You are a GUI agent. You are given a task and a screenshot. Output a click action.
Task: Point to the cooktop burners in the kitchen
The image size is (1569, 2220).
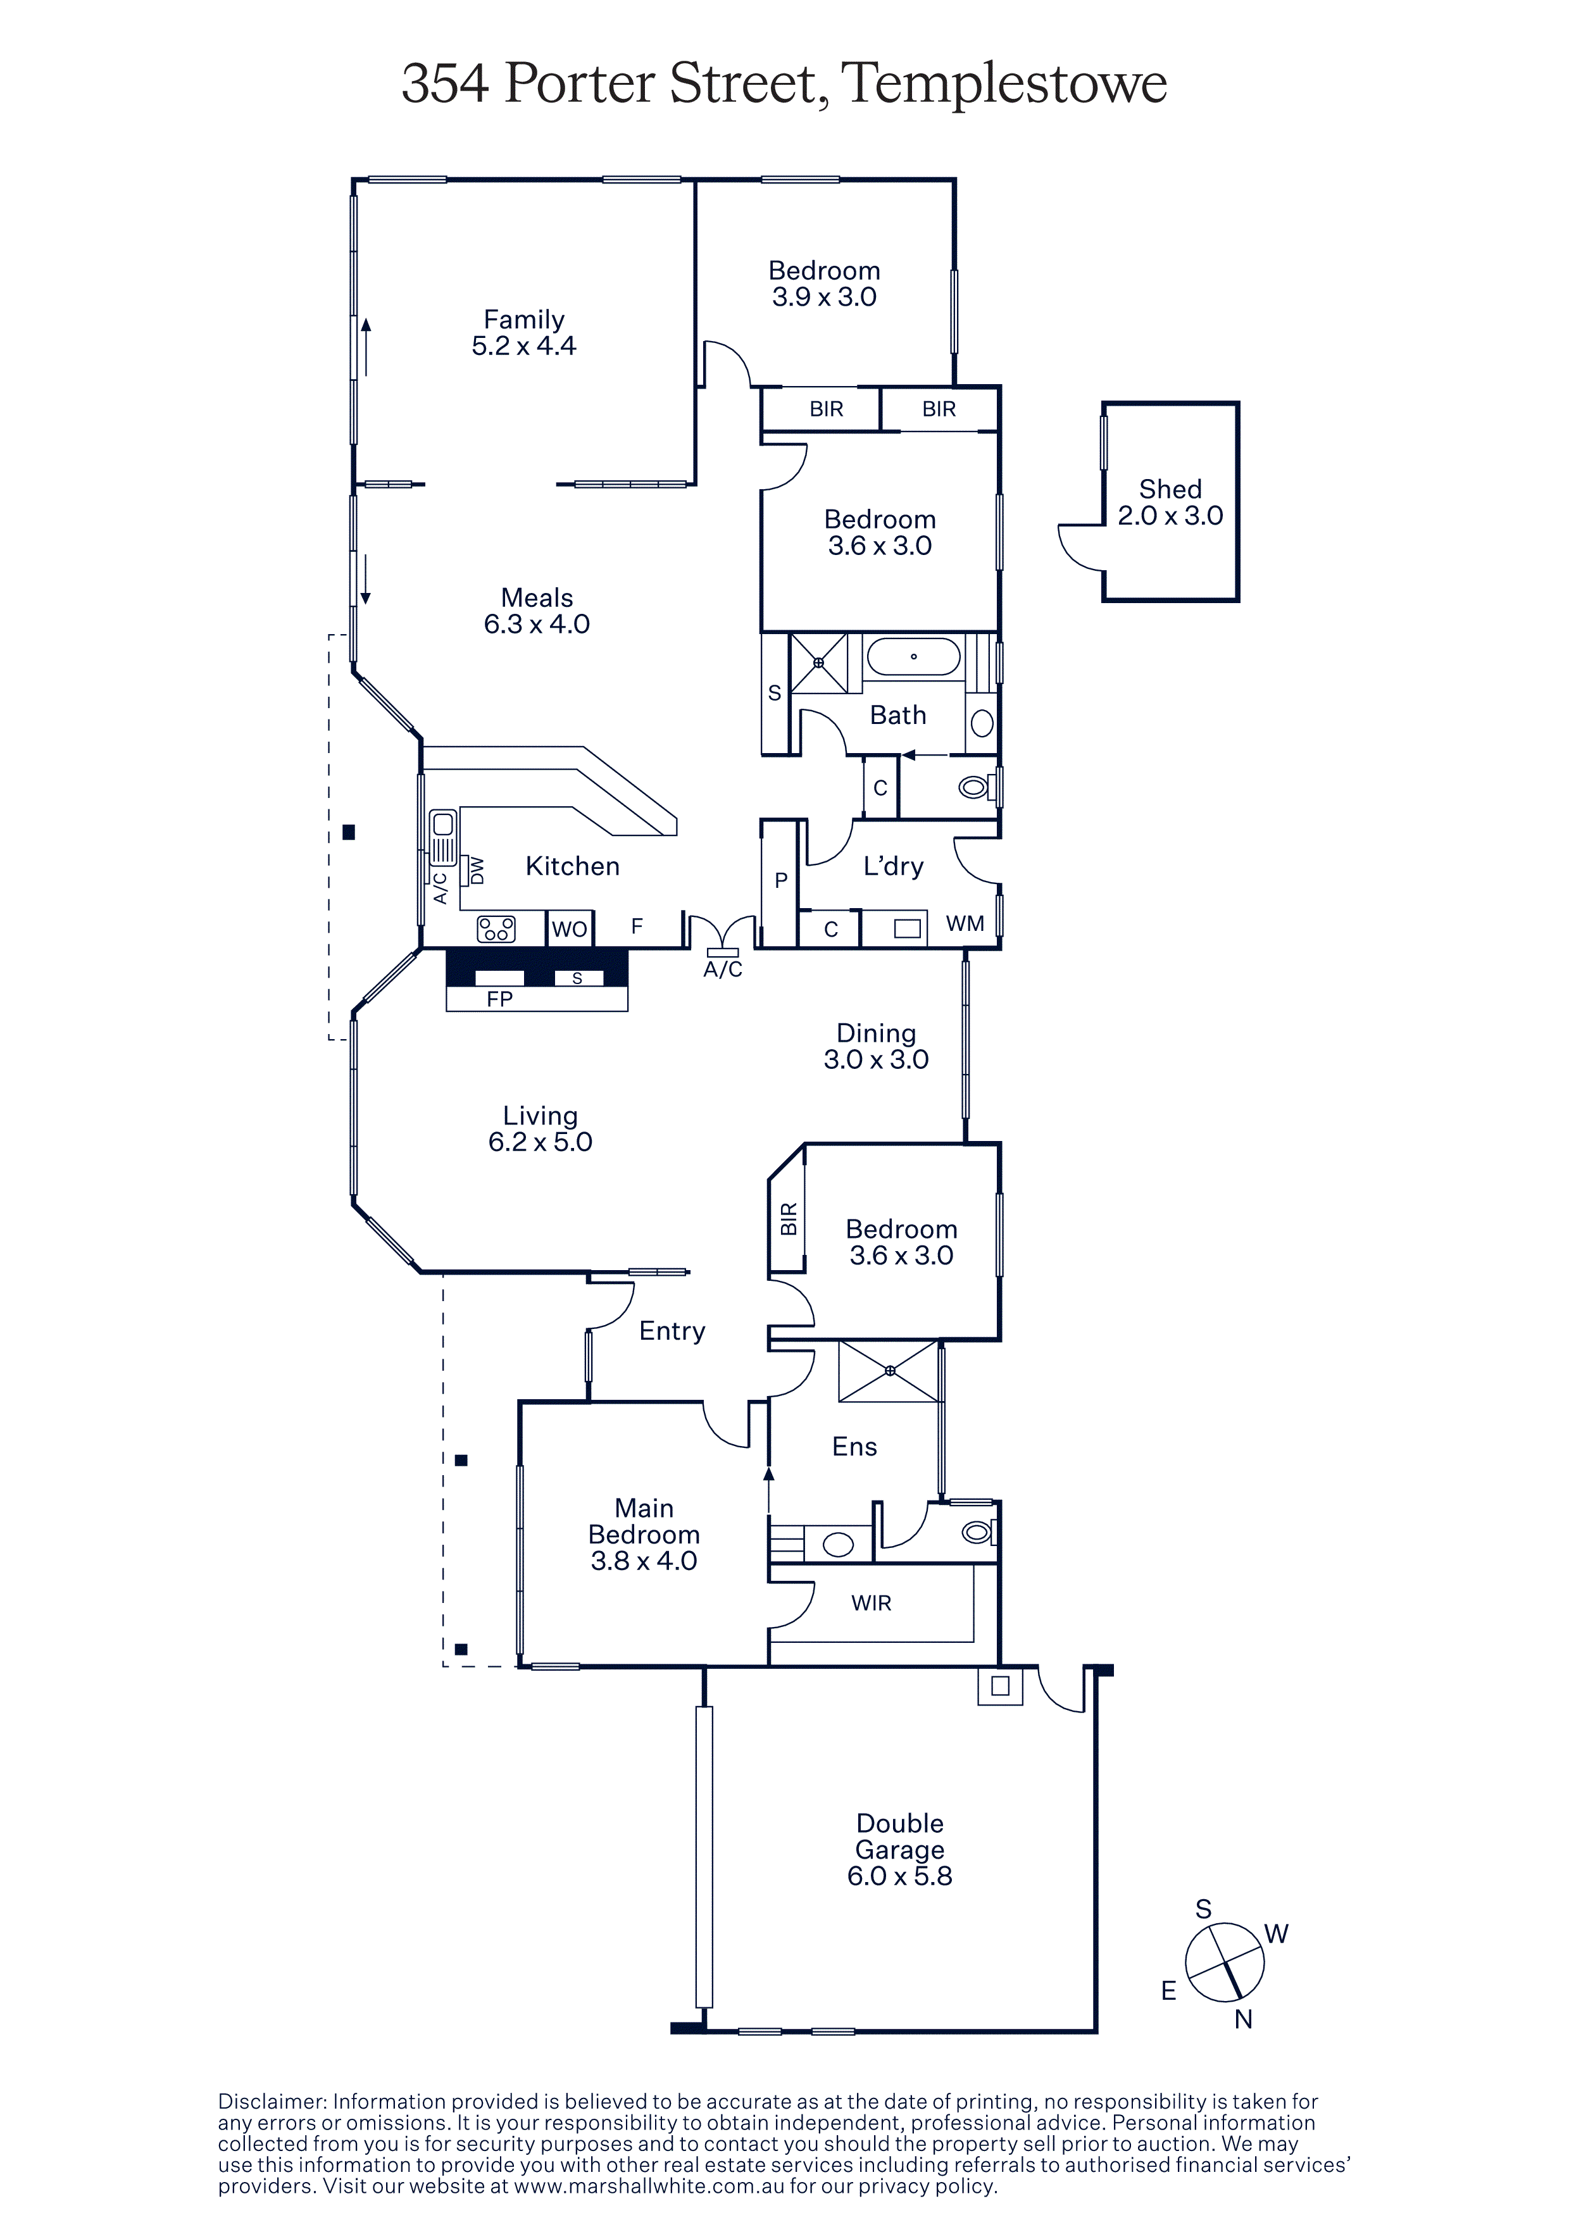tap(496, 929)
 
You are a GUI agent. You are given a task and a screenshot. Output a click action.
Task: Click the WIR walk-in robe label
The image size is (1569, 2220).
tap(871, 1603)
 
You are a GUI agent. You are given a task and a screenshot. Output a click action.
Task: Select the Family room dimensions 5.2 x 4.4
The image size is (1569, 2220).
tap(524, 346)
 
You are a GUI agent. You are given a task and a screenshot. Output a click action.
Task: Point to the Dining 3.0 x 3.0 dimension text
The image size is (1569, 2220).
tap(876, 1060)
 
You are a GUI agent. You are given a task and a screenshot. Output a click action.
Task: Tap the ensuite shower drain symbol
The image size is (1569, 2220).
tap(889, 1371)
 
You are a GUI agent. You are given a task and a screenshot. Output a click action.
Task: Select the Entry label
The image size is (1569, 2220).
tap(672, 1331)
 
